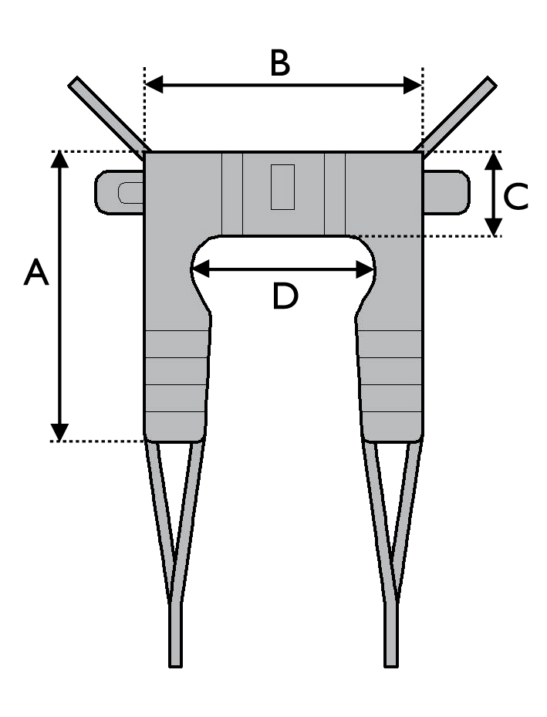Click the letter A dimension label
click(x=36, y=272)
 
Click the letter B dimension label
click(x=279, y=63)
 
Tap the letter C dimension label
click(x=515, y=197)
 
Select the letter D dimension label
click(x=285, y=296)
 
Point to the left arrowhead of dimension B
click(x=154, y=85)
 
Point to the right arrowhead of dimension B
click(x=413, y=85)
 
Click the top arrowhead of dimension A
click(x=59, y=159)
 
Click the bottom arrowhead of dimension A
click(x=59, y=432)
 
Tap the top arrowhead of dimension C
click(x=494, y=161)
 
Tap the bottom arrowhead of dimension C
click(x=494, y=227)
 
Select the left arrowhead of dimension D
click(x=201, y=269)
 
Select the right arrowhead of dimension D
click(x=365, y=269)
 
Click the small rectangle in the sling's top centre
click(x=282, y=187)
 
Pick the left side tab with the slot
click(x=120, y=192)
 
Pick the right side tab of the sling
click(x=446, y=192)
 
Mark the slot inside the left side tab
click(x=130, y=192)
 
